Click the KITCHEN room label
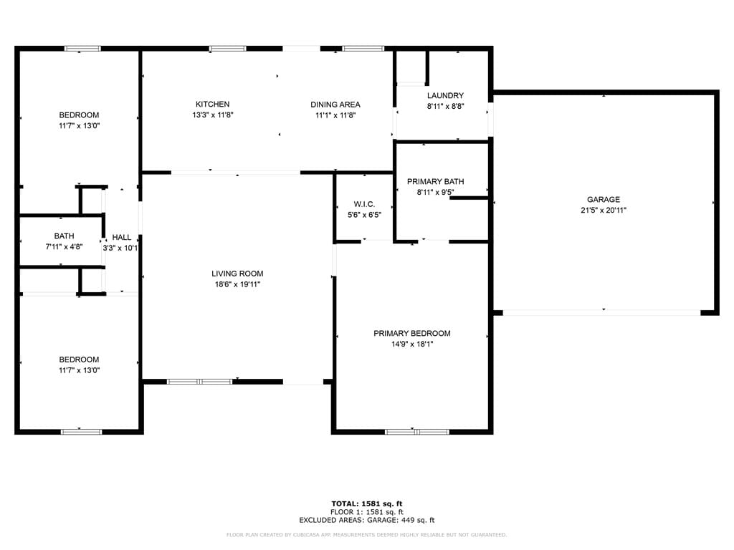(213, 105)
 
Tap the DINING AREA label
(335, 105)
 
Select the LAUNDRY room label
(445, 95)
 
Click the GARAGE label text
(604, 200)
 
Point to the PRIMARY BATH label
(435, 181)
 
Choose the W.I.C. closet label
(364, 204)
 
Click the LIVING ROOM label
(237, 274)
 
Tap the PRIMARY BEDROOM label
(412, 333)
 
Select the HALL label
(122, 237)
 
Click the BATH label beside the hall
(64, 236)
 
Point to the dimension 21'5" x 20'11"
(604, 211)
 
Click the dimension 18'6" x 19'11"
(237, 284)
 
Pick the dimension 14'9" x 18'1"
(412, 344)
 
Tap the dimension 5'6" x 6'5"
(364, 215)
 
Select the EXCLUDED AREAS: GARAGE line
(367, 521)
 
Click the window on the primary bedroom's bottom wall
(417, 432)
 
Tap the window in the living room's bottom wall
(199, 382)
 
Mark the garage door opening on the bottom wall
(601, 312)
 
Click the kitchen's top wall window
(227, 49)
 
